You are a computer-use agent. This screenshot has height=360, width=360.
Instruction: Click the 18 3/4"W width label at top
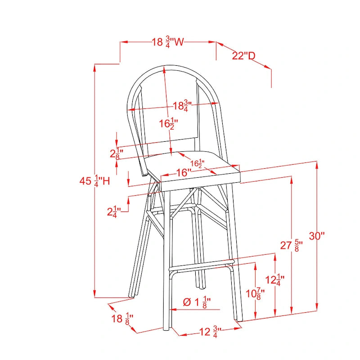point(168,42)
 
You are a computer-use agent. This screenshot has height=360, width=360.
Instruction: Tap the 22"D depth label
point(243,56)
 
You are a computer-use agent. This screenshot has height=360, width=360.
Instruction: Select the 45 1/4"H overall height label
point(95,181)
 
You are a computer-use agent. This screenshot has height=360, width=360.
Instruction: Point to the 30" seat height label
point(317,236)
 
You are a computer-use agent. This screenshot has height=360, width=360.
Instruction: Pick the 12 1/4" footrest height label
point(275,280)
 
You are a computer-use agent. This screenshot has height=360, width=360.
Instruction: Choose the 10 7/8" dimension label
point(255,294)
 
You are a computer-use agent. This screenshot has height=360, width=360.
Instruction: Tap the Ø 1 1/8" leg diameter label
point(197,302)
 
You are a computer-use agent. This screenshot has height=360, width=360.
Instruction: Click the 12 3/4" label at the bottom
point(210,332)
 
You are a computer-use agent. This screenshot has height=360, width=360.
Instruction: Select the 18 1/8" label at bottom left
point(122,319)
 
